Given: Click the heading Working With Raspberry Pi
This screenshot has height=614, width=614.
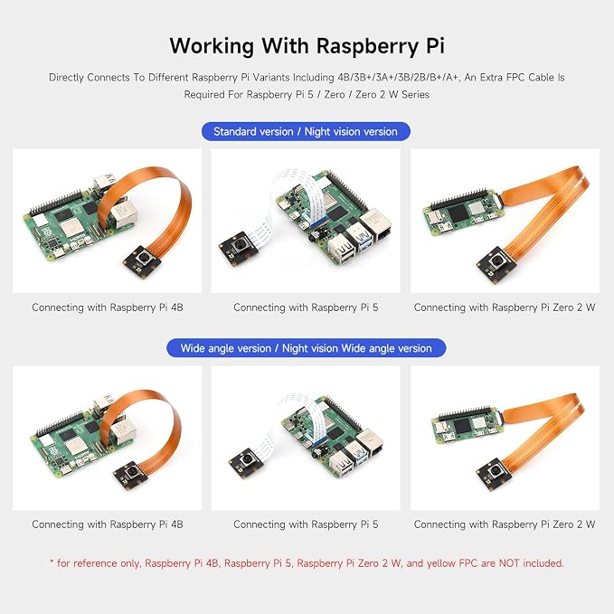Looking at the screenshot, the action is pyautogui.click(x=307, y=45).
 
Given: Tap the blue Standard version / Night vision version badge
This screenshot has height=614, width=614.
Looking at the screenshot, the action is pyautogui.click(x=306, y=132).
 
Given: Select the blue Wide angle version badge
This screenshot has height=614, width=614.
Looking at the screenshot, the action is pyautogui.click(x=306, y=348).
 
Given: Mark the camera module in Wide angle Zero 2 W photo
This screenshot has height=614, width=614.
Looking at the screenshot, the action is pyautogui.click(x=494, y=475).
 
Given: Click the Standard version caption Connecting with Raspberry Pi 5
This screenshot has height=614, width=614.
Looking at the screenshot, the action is pyautogui.click(x=306, y=307).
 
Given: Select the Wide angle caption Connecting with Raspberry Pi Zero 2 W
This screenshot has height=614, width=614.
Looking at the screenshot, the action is pyautogui.click(x=505, y=524).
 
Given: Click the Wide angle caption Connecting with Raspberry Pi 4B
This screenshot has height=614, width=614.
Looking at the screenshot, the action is pyautogui.click(x=108, y=524).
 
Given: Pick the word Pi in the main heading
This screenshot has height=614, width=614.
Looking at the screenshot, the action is pyautogui.click(x=434, y=45).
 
